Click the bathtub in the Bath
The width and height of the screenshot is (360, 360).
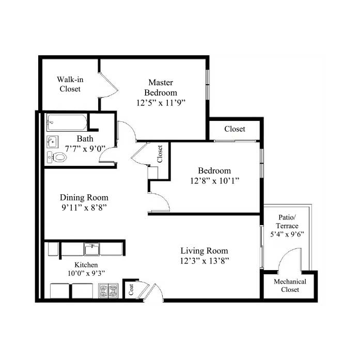(67, 122)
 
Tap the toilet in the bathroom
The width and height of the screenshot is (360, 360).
(57, 157)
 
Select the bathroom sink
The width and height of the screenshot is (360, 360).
(52, 142)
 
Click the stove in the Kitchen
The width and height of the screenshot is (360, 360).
(108, 290)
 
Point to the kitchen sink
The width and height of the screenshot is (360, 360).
(91, 249)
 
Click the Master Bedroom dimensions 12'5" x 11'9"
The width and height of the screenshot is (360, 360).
(161, 103)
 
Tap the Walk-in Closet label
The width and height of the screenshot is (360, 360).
(70, 84)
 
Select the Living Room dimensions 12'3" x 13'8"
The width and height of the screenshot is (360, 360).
(205, 261)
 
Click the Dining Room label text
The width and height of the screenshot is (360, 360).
(84, 197)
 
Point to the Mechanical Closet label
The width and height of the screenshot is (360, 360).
(290, 286)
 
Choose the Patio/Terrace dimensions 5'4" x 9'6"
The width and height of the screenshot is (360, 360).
(287, 234)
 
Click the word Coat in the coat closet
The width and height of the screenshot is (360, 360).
(131, 290)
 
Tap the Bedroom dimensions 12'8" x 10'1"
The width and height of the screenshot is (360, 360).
(215, 181)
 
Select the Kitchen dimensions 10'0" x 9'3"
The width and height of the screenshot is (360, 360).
(86, 273)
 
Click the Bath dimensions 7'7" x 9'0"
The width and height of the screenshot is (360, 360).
(85, 149)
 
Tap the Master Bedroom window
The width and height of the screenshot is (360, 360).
(208, 85)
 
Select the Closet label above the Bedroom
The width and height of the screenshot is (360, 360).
(234, 129)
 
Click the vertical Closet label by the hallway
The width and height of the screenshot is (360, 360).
(160, 154)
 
